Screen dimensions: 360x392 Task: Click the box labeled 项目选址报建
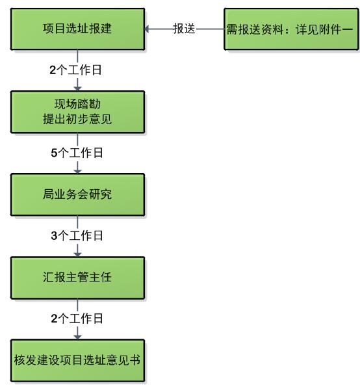click(x=77, y=29)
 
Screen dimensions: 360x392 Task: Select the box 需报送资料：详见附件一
click(x=291, y=29)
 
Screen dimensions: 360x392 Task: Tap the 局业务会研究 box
click(x=77, y=194)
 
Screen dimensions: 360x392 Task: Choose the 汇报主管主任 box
click(x=77, y=278)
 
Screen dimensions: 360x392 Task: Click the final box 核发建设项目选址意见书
click(x=77, y=360)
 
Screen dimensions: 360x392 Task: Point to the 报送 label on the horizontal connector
click(x=184, y=29)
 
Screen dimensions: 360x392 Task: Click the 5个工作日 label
click(x=77, y=153)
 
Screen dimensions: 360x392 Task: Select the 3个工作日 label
click(x=77, y=235)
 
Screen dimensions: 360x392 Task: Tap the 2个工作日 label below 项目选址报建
click(x=75, y=70)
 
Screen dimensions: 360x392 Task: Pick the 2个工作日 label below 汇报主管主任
click(x=77, y=319)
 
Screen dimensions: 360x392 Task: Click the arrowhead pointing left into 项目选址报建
click(x=147, y=29)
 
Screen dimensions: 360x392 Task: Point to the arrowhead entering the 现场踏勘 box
click(x=77, y=88)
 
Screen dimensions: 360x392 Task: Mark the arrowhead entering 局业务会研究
click(x=77, y=171)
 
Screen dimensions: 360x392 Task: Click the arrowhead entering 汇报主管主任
click(x=77, y=254)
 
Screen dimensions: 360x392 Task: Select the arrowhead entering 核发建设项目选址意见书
click(x=77, y=337)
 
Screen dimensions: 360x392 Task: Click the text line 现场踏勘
click(x=77, y=104)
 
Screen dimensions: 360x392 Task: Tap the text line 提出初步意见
click(x=77, y=119)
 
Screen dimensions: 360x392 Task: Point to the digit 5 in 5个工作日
click(x=54, y=153)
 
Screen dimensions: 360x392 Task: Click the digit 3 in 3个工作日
click(x=54, y=236)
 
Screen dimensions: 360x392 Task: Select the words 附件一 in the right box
click(x=335, y=29)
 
